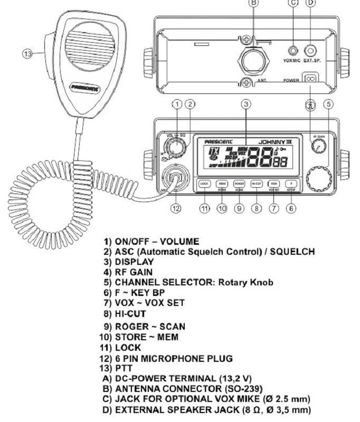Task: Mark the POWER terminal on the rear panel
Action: point(310,78)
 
